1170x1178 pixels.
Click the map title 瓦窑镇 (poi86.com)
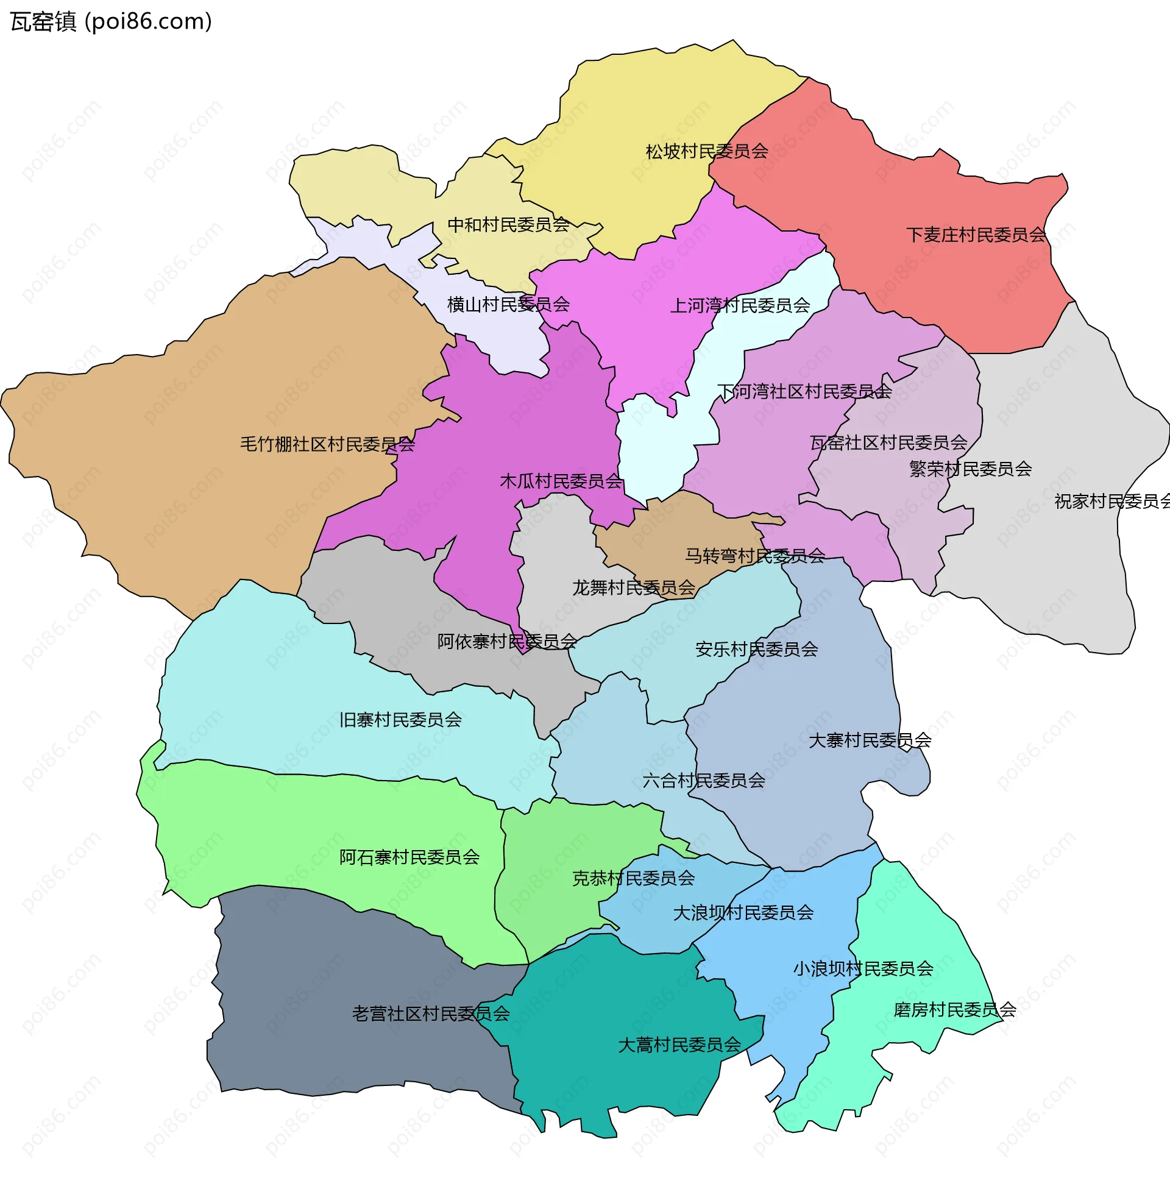tap(111, 22)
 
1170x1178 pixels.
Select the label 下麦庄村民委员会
tap(976, 235)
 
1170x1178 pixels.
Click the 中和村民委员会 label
tap(508, 225)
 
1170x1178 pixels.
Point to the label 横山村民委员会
tap(508, 304)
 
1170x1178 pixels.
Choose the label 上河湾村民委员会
tap(740, 305)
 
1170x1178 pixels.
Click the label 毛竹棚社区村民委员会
tap(327, 444)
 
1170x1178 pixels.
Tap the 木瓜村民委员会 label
tap(561, 481)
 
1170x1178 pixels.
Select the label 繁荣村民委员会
tap(970, 469)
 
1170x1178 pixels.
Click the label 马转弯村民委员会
tap(755, 556)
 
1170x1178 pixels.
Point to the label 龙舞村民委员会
tap(634, 587)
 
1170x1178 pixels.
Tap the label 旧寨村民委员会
tap(400, 720)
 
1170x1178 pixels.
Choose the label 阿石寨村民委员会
tap(409, 858)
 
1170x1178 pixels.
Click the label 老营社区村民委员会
tap(430, 1014)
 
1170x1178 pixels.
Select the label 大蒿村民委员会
tap(679, 1045)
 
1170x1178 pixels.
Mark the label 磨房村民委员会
tap(954, 1010)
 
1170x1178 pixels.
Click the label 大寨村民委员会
tap(870, 740)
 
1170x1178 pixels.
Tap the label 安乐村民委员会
tap(756, 650)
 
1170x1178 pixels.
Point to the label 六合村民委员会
tap(704, 781)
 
